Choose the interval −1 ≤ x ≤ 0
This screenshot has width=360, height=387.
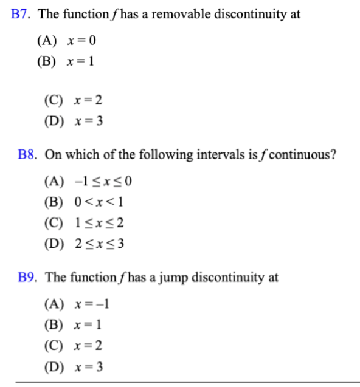point(103,181)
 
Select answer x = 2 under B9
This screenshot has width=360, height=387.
point(88,346)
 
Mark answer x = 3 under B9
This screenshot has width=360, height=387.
point(88,367)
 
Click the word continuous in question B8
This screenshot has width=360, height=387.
point(302,154)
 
